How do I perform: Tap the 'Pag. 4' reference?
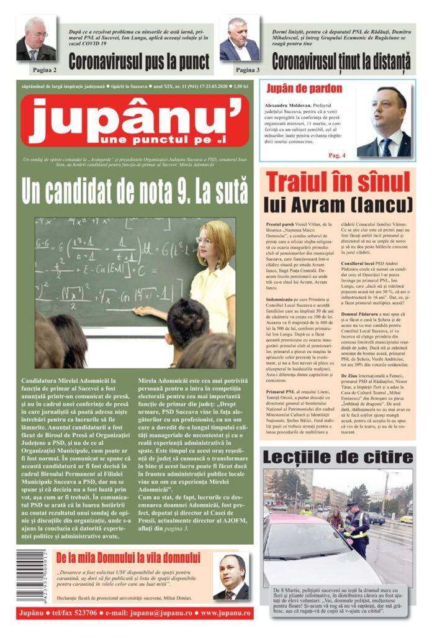click(x=337, y=154)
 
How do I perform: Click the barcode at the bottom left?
click(x=31, y=575)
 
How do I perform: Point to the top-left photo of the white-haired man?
click(x=36, y=39)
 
